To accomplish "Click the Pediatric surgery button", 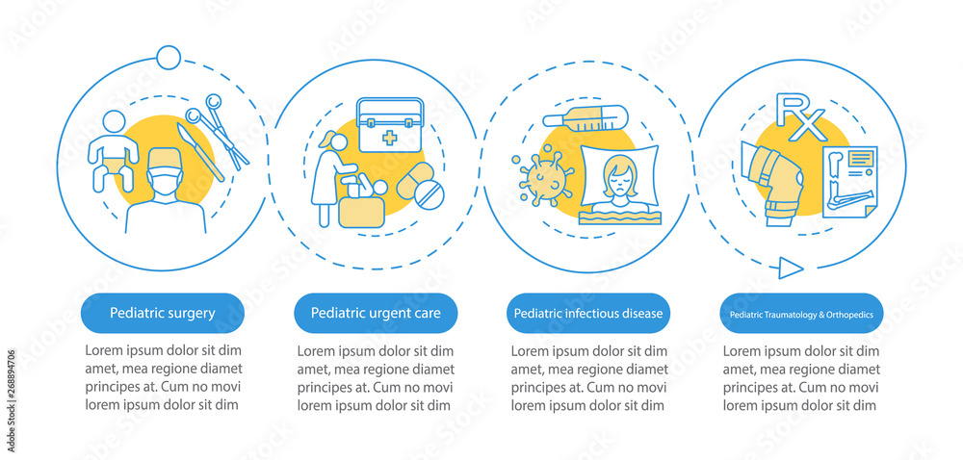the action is pyautogui.click(x=162, y=314).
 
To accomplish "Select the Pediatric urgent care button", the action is pyautogui.click(x=376, y=314).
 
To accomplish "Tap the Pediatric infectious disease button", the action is pyautogui.click(x=588, y=314).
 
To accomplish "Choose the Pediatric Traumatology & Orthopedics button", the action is pyautogui.click(x=801, y=314).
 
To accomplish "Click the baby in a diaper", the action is pyautogui.click(x=113, y=151).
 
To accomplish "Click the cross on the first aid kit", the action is pyautogui.click(x=390, y=138).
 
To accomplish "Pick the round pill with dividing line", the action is pyautogui.click(x=429, y=196).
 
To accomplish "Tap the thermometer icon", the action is pyautogui.click(x=586, y=117).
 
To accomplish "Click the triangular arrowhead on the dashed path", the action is pyautogui.click(x=791, y=268).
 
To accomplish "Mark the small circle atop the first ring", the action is pyautogui.click(x=169, y=58).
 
